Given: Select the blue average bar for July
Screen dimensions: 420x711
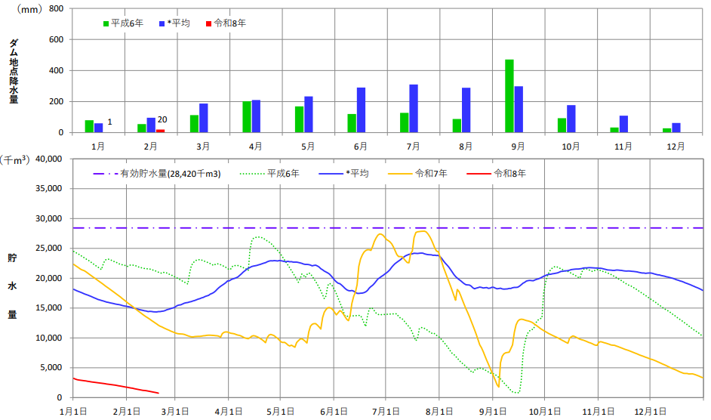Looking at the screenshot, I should tap(414, 108).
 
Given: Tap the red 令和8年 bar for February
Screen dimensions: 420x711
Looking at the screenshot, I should tap(160, 131).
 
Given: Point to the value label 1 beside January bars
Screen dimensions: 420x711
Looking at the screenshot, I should tap(110, 122).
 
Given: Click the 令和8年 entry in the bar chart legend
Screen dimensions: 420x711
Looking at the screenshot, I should tap(227, 23).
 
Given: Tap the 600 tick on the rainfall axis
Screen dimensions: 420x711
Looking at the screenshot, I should tap(56, 39).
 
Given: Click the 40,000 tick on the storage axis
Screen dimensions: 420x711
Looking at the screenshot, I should tap(48, 159).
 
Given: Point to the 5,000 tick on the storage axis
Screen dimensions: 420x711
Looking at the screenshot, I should tap(51, 368).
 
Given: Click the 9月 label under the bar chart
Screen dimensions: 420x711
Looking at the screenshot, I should tap(518, 144).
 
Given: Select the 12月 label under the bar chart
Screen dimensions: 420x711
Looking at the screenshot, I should tap(676, 144).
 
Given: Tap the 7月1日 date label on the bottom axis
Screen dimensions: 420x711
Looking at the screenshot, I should tap(385, 411).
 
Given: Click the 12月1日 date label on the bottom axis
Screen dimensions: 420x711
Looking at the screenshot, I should tap(651, 411).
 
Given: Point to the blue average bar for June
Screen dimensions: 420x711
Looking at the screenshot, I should tap(361, 110).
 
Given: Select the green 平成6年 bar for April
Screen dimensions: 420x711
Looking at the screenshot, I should tap(247, 117).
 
